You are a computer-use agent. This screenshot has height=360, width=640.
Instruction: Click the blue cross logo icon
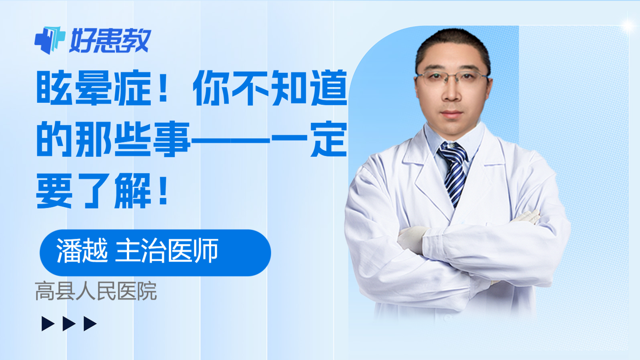50,40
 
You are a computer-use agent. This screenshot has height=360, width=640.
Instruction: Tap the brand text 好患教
110,40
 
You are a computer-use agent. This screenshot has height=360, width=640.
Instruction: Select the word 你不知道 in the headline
270,88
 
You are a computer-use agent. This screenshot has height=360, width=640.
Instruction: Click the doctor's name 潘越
82,250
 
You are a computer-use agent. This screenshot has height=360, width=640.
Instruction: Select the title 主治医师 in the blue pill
167,250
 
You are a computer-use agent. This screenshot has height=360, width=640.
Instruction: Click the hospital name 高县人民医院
96,291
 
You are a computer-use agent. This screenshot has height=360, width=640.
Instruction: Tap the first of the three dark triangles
48,324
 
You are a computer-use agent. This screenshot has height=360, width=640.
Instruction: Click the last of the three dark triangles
90,324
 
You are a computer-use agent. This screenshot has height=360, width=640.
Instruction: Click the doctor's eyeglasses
452,78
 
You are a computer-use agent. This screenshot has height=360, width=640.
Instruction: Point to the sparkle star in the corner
628,26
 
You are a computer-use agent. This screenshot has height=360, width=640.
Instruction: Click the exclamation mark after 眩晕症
163,88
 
